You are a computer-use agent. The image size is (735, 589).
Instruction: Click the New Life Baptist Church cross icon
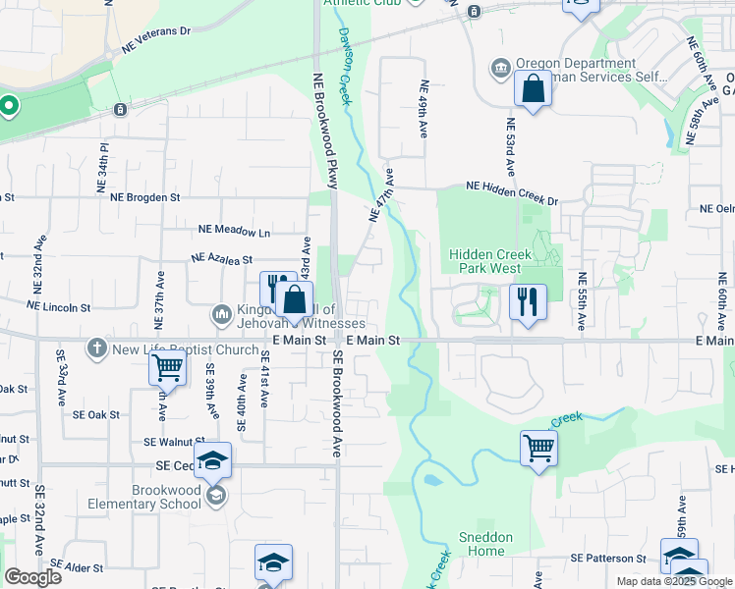[96, 348]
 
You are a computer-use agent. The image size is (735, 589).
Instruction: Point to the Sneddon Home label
[486, 544]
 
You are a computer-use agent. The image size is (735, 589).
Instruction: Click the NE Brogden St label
[145, 196]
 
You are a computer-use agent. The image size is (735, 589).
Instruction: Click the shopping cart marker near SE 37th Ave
[168, 369]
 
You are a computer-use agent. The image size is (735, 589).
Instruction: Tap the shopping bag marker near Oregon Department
[533, 89]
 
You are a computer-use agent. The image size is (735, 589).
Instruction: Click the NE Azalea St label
[222, 260]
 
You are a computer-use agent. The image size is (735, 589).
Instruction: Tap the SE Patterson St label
[608, 558]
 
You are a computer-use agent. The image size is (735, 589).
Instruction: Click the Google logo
[32, 577]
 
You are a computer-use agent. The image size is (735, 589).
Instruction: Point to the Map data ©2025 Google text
[673, 581]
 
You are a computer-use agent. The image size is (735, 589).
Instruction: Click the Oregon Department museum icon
[501, 68]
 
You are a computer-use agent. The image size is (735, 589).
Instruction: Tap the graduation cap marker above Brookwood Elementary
[212, 459]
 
